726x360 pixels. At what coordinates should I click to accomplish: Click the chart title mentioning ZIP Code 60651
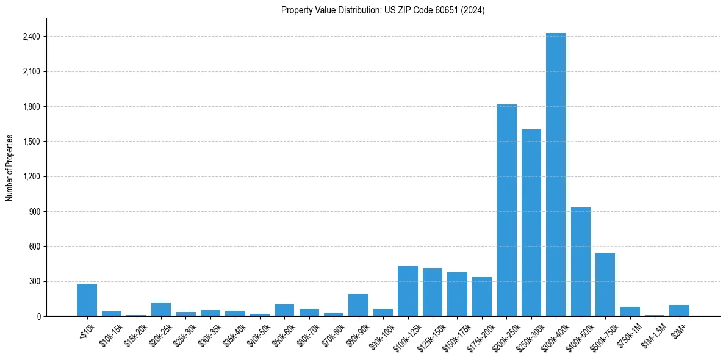click(383, 10)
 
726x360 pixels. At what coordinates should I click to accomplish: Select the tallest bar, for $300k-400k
click(556, 175)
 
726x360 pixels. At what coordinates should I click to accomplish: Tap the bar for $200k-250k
click(506, 211)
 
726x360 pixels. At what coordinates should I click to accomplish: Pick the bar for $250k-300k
click(531, 223)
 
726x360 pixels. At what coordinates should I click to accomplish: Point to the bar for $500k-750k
click(605, 284)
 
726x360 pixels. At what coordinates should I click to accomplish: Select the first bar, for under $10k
click(87, 300)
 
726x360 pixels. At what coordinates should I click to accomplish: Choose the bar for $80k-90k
click(358, 305)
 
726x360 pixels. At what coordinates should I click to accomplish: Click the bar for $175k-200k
click(482, 297)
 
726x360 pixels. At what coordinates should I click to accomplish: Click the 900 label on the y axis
click(34, 212)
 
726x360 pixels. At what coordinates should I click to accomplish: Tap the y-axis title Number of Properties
click(10, 168)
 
